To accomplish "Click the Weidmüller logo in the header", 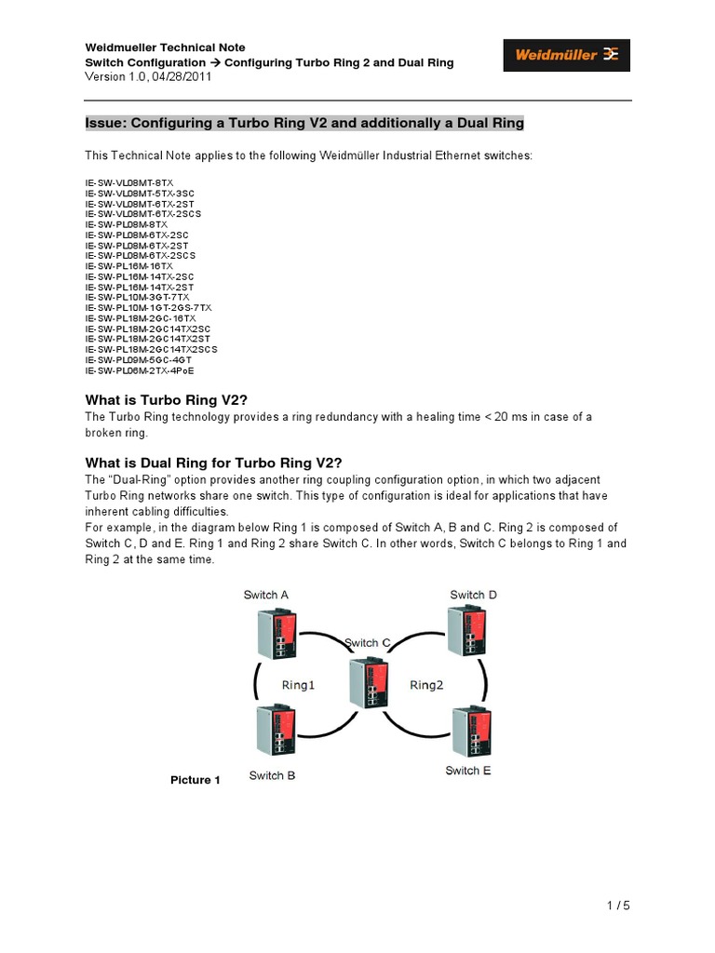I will point(567,55).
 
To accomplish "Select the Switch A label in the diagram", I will point(265,595).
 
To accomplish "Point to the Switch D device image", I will point(464,633).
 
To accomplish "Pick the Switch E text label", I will point(468,771).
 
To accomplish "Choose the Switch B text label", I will point(272,775).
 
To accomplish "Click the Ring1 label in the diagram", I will point(299,685).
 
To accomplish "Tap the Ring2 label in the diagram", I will point(426,685).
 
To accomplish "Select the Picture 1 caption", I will point(195,780).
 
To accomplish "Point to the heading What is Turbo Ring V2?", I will point(166,399).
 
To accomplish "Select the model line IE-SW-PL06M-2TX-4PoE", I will point(141,369).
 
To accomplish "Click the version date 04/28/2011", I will point(182,77).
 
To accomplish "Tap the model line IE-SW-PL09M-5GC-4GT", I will point(141,359).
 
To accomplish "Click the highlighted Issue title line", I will point(304,123).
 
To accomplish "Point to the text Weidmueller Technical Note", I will point(166,47).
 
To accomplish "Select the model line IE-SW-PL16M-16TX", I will point(129,266).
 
